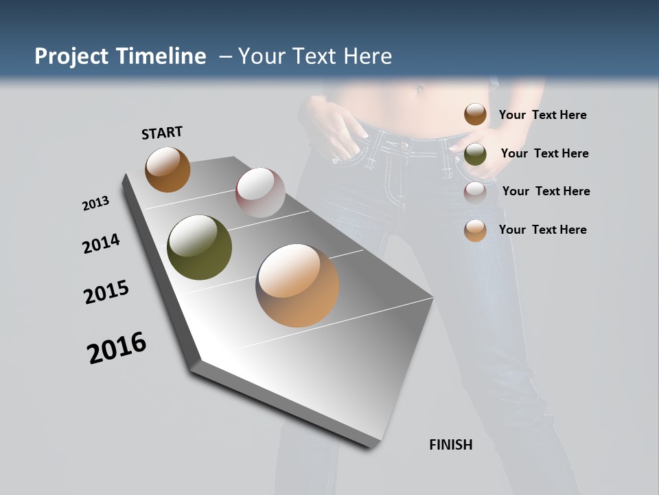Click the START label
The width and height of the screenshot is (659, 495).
162,133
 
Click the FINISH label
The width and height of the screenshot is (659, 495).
451,445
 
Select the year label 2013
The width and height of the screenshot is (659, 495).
95,203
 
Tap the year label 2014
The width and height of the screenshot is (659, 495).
101,243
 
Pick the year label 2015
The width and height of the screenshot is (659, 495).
106,292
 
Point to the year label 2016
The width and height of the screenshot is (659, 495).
117,347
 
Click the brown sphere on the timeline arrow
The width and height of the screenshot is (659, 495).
167,169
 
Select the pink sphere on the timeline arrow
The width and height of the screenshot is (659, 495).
260,192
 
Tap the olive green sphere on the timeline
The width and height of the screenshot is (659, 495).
199,247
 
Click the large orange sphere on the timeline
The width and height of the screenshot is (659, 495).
297,285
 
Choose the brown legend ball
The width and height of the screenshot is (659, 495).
475,114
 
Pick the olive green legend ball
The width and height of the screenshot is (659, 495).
475,154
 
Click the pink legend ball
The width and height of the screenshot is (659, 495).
475,192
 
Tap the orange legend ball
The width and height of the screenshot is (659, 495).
475,230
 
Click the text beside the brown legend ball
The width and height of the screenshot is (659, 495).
542,115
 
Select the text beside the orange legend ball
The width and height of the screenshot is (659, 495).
542,230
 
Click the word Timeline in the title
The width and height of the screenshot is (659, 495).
161,56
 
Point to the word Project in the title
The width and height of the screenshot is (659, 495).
71,56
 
